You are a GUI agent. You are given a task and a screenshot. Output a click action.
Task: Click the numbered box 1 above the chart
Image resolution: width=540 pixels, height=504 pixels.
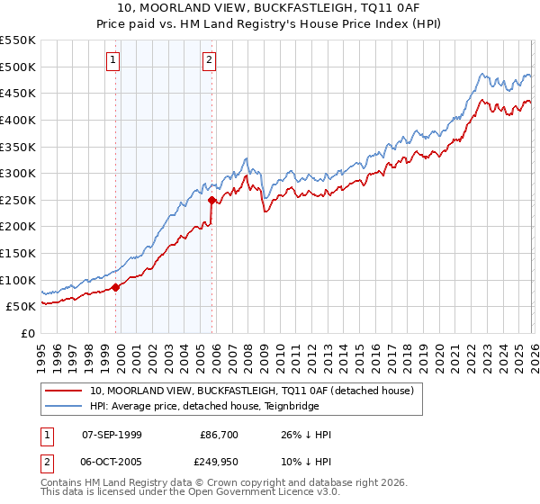coord(113,60)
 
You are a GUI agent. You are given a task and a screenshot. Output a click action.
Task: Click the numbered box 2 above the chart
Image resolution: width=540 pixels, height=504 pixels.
coord(209,60)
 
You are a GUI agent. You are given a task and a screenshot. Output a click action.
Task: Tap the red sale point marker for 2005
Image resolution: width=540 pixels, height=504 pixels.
coord(211,200)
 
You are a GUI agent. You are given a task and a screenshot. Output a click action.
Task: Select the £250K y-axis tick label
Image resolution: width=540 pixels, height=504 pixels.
coord(18,200)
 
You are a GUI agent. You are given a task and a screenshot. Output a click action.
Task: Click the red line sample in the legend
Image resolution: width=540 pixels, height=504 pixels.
coord(65,391)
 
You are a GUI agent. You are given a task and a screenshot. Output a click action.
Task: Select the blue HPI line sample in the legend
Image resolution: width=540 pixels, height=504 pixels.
coord(65,406)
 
